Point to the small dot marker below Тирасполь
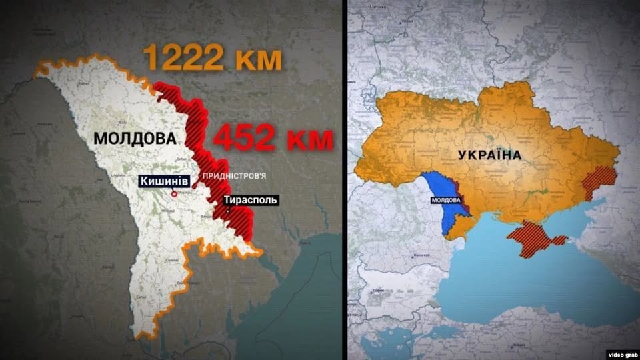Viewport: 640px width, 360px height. point(229,212)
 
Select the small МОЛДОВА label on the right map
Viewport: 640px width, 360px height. point(444,200)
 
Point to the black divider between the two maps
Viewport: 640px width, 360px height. point(344,180)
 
